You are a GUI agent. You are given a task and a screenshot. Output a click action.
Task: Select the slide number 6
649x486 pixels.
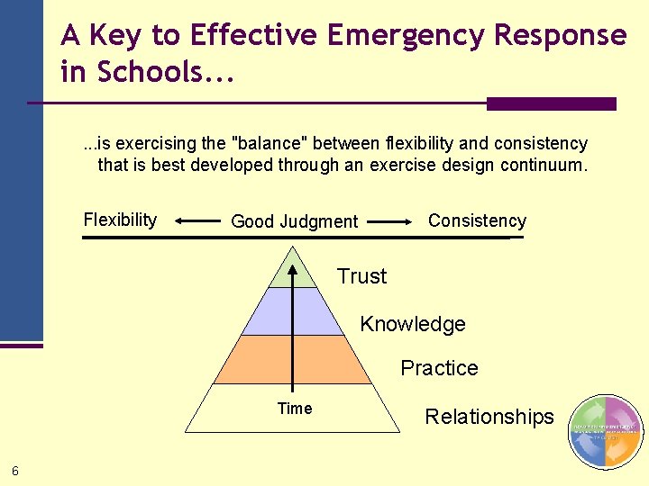point(15,470)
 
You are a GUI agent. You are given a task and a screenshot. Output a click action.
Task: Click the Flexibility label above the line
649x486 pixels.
point(120,220)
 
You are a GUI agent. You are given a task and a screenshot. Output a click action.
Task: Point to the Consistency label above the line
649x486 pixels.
point(477,220)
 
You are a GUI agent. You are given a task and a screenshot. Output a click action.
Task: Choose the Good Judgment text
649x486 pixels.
point(294,221)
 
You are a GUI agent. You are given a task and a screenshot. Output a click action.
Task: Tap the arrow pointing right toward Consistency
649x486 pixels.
point(390,220)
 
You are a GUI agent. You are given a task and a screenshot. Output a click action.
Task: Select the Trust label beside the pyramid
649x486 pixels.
point(361,276)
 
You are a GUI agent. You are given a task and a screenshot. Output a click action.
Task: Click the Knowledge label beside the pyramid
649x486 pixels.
point(413,324)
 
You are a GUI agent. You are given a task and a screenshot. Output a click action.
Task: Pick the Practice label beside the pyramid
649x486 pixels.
point(439,368)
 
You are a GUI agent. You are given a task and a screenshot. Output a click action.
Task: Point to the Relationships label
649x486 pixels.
point(489,417)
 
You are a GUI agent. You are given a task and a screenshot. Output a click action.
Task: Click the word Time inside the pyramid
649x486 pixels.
point(295,409)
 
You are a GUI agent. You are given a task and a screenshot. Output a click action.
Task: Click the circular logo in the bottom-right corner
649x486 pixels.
point(606,432)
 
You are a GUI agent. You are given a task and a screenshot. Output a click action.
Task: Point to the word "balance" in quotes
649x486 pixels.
point(266,144)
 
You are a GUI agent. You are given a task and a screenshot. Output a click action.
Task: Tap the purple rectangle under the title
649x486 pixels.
point(551,103)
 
